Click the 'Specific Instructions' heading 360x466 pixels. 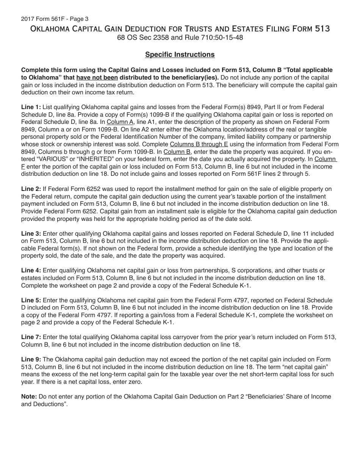coord(180,55)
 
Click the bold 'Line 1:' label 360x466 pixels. coord(31,108)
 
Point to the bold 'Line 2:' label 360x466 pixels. coord(31,189)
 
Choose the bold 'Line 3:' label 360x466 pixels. coord(31,234)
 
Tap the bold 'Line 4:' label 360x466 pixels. coord(31,271)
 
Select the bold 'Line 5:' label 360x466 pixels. coord(31,300)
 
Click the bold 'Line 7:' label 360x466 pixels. coord(31,337)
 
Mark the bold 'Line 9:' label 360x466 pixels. coord(31,359)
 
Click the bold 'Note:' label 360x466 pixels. coord(29,396)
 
